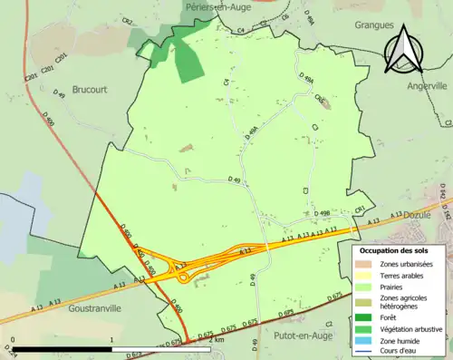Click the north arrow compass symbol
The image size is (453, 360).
coord(404,48)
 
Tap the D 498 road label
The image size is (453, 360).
coord(324,214)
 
